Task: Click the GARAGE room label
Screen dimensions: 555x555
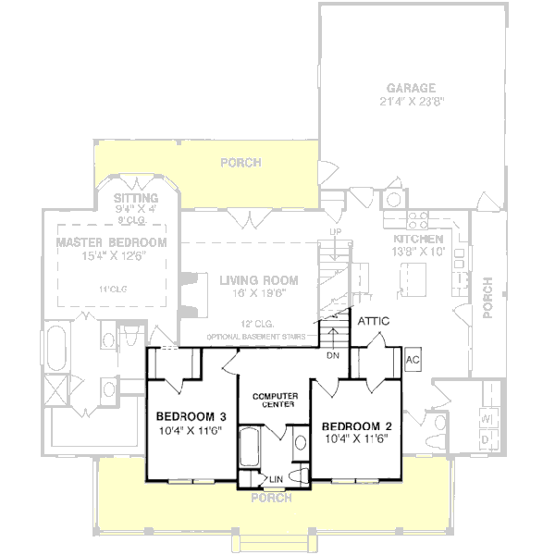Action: (x=413, y=88)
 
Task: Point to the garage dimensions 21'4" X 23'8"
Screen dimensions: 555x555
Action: (x=413, y=103)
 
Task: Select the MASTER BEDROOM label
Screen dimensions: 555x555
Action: (x=111, y=242)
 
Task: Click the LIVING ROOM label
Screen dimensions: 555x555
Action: (x=258, y=279)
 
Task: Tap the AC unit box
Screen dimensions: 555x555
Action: (x=413, y=360)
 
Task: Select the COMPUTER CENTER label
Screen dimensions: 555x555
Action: (x=274, y=400)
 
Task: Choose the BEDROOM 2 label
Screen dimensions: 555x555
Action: (x=356, y=425)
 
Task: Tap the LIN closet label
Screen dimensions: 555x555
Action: (x=275, y=478)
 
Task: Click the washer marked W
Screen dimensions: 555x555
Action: (x=486, y=419)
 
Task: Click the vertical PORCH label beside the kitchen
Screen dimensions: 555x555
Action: (x=489, y=300)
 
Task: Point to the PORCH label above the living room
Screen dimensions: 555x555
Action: (x=240, y=163)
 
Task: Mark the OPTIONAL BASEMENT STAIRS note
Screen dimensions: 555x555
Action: (x=256, y=336)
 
